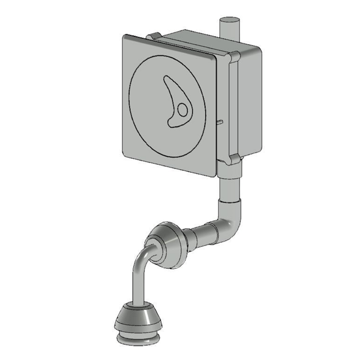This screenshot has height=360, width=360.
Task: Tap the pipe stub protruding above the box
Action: point(230,27)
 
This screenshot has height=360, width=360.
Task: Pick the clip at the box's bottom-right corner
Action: point(233,158)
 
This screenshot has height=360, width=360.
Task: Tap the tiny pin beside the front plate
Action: point(219,121)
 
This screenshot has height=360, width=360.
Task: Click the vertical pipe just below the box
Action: point(230,184)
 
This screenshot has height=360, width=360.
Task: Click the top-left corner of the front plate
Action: point(126,39)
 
